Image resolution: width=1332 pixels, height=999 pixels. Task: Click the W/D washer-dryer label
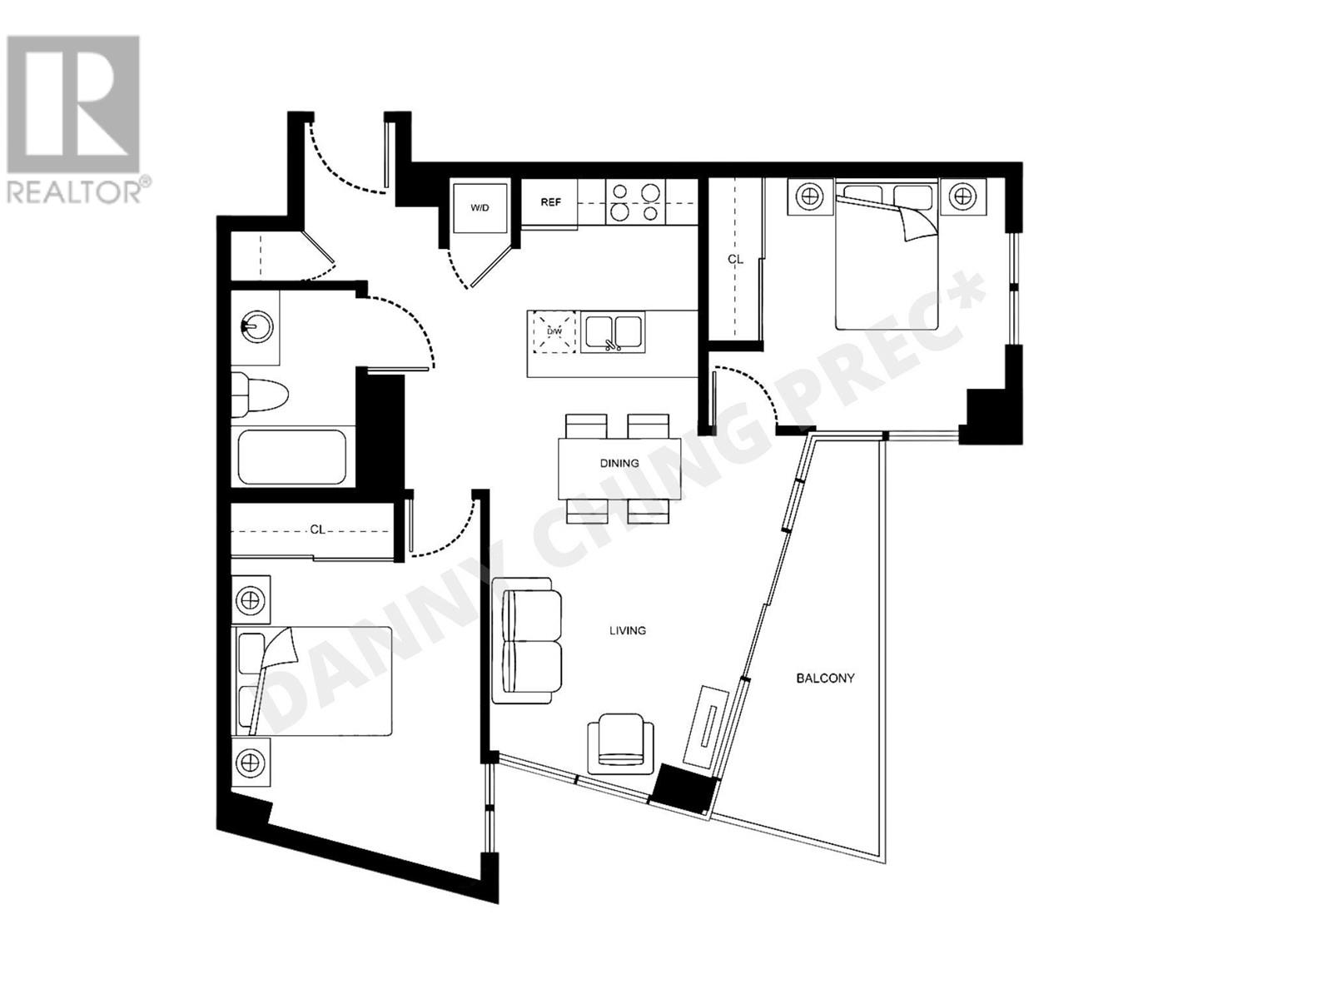(480, 207)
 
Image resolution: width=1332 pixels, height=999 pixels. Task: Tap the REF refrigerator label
(550, 202)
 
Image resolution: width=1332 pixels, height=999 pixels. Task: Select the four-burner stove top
(636, 202)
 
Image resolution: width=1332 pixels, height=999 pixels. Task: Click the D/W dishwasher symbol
(554, 331)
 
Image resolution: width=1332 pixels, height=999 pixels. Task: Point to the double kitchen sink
(613, 332)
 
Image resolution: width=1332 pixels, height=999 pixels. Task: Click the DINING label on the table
(619, 463)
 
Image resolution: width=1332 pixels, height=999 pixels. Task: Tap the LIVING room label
(627, 630)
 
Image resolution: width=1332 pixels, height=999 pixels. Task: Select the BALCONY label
(825, 678)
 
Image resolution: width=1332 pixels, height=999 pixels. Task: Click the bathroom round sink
(256, 326)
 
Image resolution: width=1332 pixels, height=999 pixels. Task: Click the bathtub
(292, 456)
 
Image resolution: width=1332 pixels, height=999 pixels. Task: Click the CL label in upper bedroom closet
(735, 259)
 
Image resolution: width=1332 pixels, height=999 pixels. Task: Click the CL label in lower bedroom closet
(317, 529)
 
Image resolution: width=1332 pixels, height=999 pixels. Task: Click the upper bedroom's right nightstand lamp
(963, 197)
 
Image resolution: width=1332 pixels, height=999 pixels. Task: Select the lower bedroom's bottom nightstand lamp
(251, 761)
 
